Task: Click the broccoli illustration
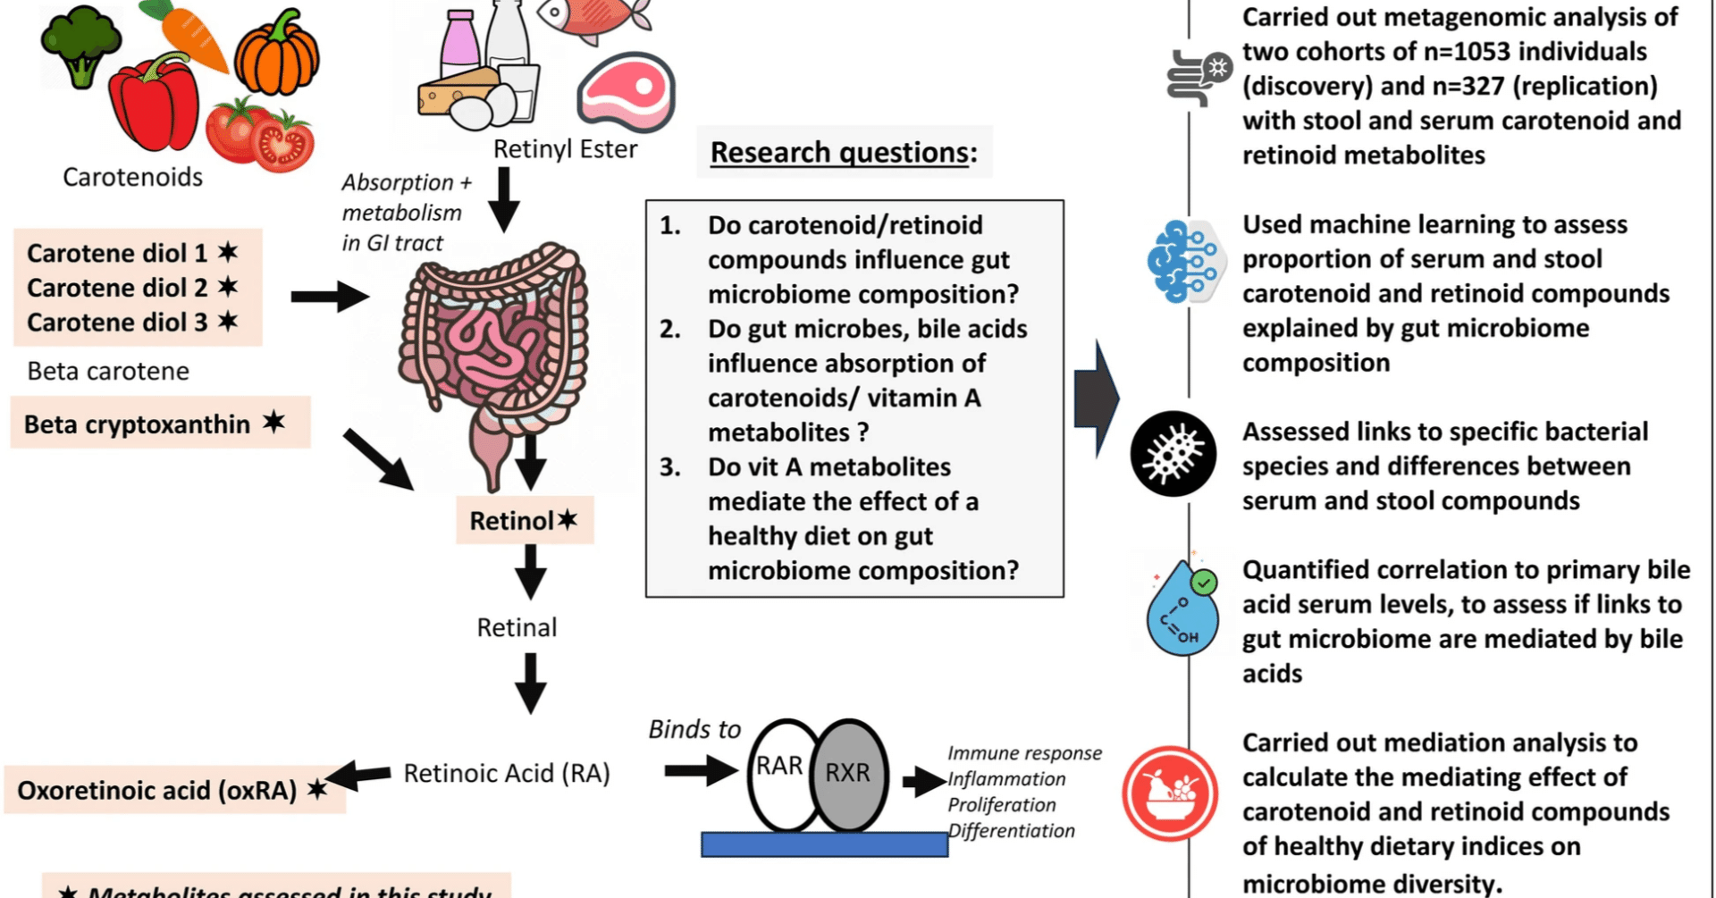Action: pyautogui.click(x=80, y=45)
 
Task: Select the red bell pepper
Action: pyautogui.click(x=154, y=103)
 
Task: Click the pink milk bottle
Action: pyautogui.click(x=460, y=45)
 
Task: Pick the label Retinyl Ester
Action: pyautogui.click(x=565, y=149)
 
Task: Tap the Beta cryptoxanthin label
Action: pyautogui.click(x=138, y=424)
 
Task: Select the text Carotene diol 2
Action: pyautogui.click(x=117, y=288)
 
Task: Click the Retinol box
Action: pyautogui.click(x=524, y=520)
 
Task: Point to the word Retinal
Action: pyautogui.click(x=517, y=627)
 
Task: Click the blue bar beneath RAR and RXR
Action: pyautogui.click(x=823, y=844)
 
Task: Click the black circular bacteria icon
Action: pyautogui.click(x=1173, y=454)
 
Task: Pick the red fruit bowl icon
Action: pyautogui.click(x=1170, y=793)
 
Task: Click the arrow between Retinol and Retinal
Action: pyautogui.click(x=530, y=571)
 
